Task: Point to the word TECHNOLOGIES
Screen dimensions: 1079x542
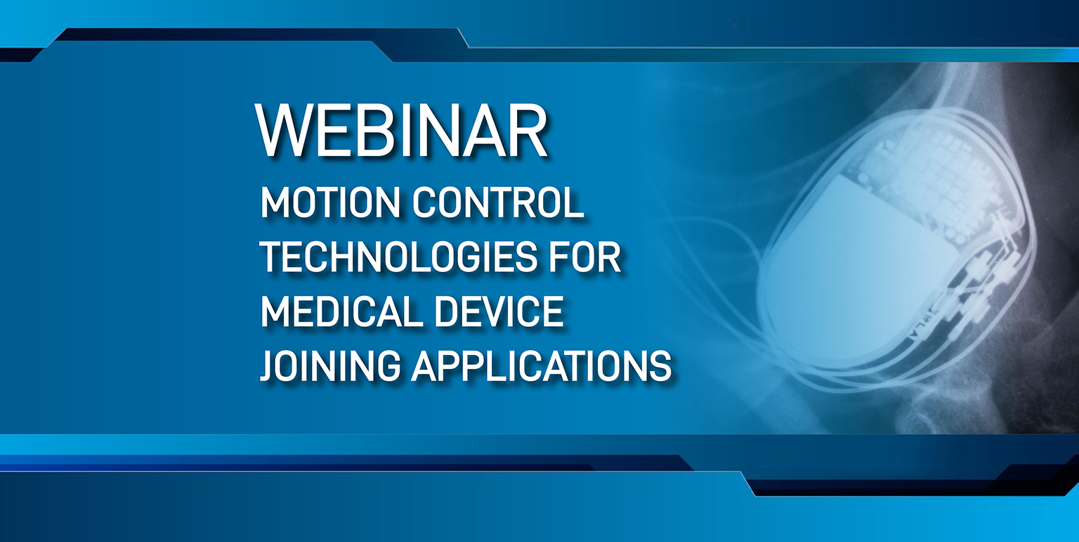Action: [398, 257]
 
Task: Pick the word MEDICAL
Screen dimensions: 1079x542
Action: [341, 311]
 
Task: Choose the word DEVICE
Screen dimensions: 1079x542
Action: [499, 311]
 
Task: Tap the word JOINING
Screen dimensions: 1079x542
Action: [330, 366]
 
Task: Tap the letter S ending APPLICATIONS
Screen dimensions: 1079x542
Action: [660, 366]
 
